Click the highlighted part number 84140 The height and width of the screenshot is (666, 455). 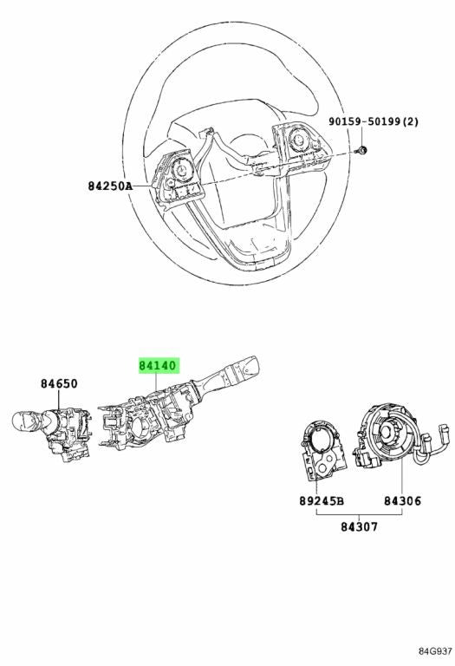pyautogui.click(x=158, y=365)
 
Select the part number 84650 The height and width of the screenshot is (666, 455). pyautogui.click(x=59, y=383)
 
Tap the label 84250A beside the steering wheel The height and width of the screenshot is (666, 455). pyautogui.click(x=110, y=186)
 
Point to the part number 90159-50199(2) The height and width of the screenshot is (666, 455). pyautogui.click(x=373, y=122)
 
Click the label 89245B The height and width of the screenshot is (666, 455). pyautogui.click(x=322, y=501)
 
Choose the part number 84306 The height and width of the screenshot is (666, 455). pyautogui.click(x=402, y=501)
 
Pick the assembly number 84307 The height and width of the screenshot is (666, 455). pyautogui.click(x=359, y=526)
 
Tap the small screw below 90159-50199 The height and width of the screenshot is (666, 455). pyautogui.click(x=361, y=149)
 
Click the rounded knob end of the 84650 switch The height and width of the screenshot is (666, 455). pyautogui.click(x=24, y=420)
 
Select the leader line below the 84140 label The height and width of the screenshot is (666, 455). pyautogui.click(x=156, y=382)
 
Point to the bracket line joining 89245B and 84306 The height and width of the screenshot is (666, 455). pyautogui.click(x=359, y=514)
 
